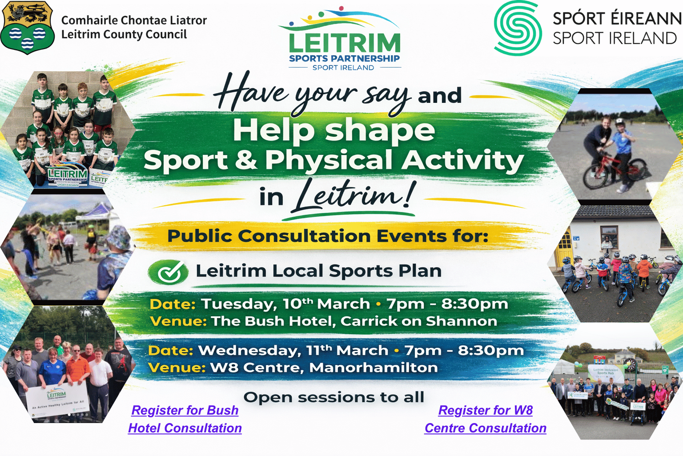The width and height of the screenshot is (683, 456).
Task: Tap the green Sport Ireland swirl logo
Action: (x=518, y=28)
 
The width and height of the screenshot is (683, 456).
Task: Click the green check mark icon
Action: (x=169, y=272)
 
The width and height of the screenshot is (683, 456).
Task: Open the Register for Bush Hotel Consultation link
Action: (x=185, y=419)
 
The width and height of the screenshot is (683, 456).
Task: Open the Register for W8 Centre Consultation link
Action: (x=486, y=419)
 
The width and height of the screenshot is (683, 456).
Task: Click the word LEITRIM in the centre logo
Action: (x=345, y=43)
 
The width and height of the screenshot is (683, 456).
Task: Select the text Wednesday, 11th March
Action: (x=293, y=350)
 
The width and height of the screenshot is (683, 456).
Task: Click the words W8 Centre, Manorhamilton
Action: (x=324, y=368)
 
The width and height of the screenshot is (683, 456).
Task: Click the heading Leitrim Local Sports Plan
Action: (x=318, y=271)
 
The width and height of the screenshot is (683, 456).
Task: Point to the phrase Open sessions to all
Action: (x=334, y=397)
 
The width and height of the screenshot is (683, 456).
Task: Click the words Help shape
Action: (x=333, y=130)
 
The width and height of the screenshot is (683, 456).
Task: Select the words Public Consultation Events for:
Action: (x=328, y=236)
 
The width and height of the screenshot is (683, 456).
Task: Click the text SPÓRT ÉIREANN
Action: (x=617, y=19)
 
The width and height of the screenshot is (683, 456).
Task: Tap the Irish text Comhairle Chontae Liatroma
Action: (x=134, y=20)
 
